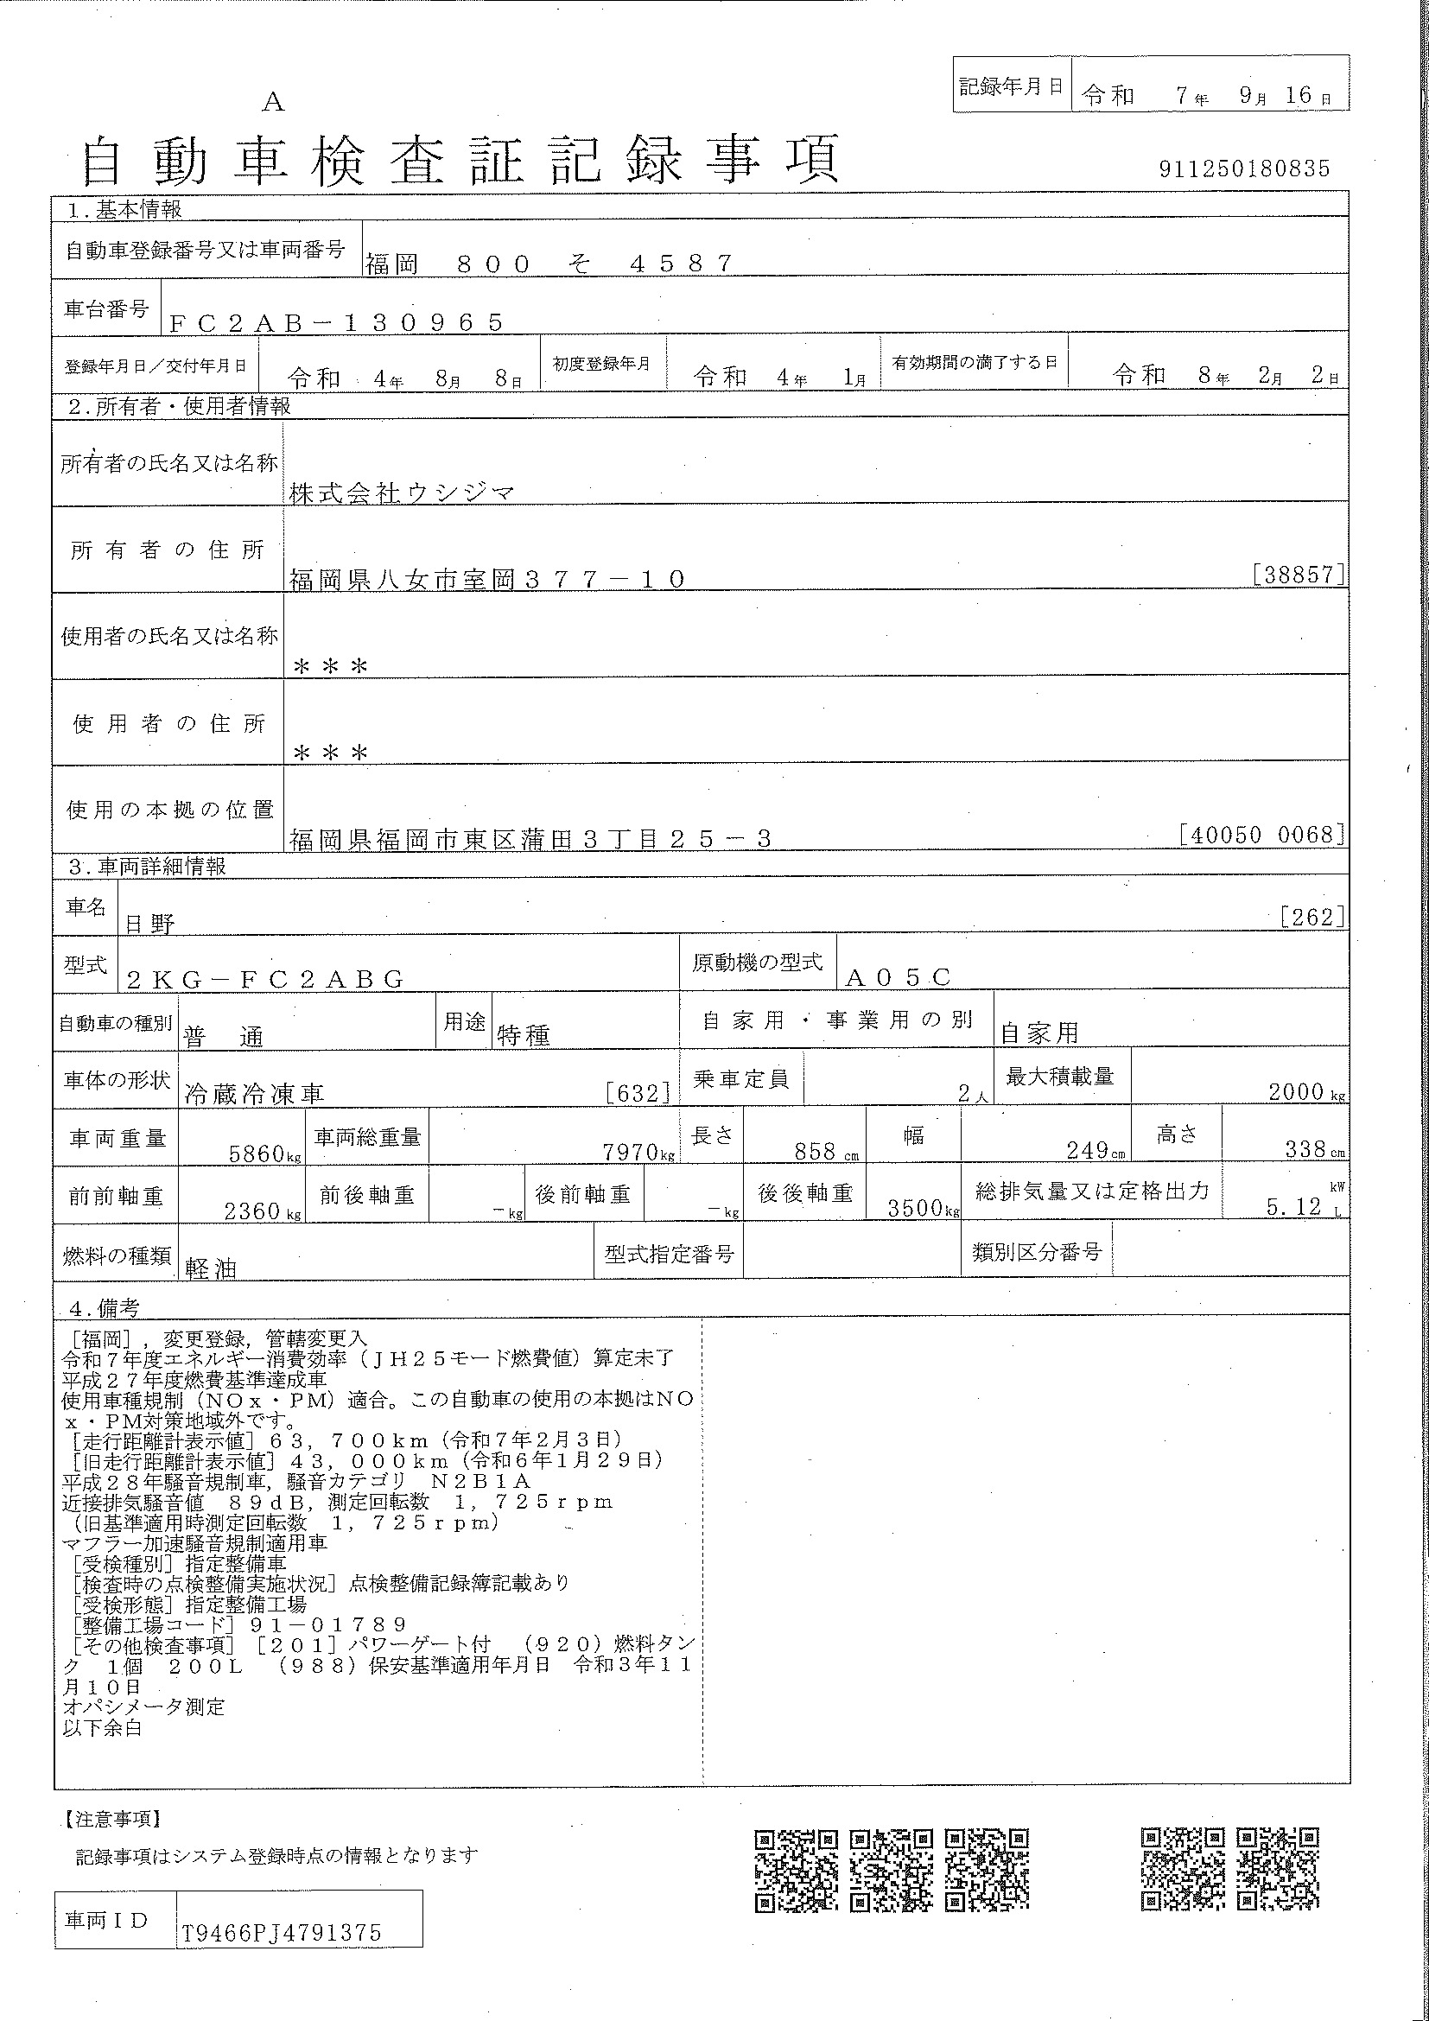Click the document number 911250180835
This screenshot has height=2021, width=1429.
tap(1243, 168)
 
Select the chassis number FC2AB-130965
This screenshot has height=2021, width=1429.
tap(336, 323)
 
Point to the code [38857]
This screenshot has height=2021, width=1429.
tap(1299, 575)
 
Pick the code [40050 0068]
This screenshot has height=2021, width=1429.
tap(1261, 835)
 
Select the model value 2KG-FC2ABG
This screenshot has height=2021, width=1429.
tap(265, 979)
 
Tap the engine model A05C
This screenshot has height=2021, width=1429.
tap(898, 977)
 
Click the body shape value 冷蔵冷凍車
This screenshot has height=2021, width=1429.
tap(254, 1094)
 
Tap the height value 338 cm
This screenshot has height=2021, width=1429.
tap(1315, 1149)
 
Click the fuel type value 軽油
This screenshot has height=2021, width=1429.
tap(211, 1268)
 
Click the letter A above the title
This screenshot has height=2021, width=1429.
tap(274, 103)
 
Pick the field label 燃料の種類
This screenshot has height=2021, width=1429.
tap(116, 1256)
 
